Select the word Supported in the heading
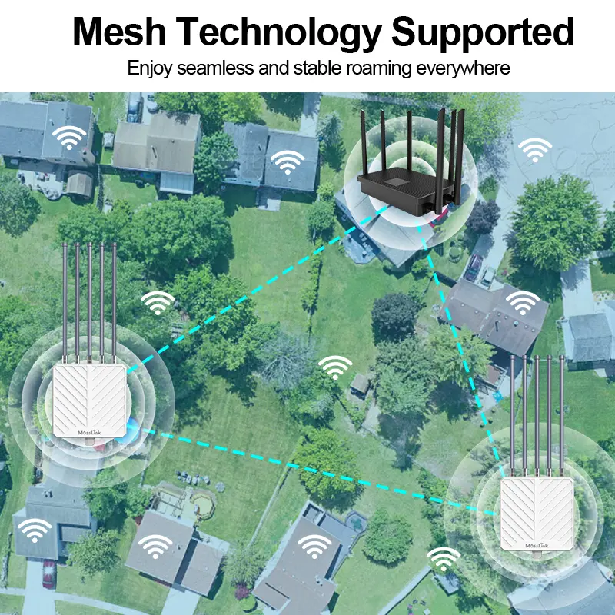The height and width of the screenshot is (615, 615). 483,32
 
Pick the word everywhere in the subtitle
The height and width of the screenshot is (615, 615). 463,68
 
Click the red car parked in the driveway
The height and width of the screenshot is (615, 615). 49,573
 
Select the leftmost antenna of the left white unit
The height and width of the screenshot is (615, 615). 65,300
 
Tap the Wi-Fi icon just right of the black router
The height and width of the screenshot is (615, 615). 533,150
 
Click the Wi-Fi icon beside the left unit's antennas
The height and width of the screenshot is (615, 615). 158,303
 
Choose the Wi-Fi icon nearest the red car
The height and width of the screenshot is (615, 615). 35,530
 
